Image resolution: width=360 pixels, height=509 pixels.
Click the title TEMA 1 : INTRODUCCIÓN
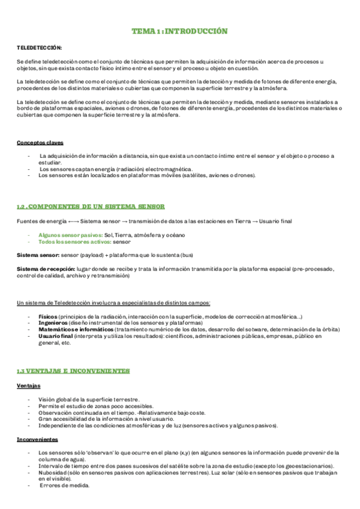(179, 31)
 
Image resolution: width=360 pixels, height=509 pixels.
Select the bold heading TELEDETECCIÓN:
(39, 46)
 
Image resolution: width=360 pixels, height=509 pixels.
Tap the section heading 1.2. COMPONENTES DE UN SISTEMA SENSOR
(91, 206)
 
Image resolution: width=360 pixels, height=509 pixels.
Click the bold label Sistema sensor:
(37, 255)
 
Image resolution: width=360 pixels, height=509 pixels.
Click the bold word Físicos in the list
(47, 316)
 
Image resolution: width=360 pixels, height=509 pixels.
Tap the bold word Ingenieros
(52, 322)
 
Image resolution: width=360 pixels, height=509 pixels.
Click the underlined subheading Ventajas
(29, 385)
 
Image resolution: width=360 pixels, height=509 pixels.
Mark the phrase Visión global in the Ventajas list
(55, 399)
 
